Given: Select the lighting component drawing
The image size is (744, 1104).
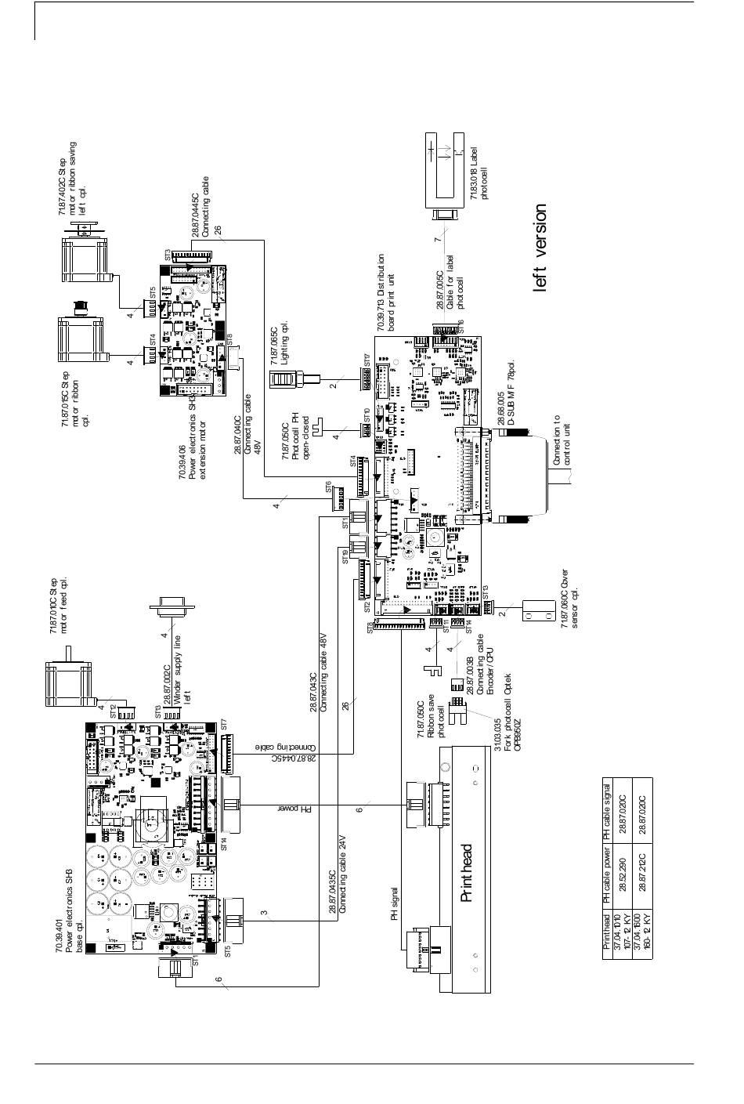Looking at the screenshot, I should click(x=285, y=381).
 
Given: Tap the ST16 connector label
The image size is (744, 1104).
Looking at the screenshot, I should click(x=461, y=326).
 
